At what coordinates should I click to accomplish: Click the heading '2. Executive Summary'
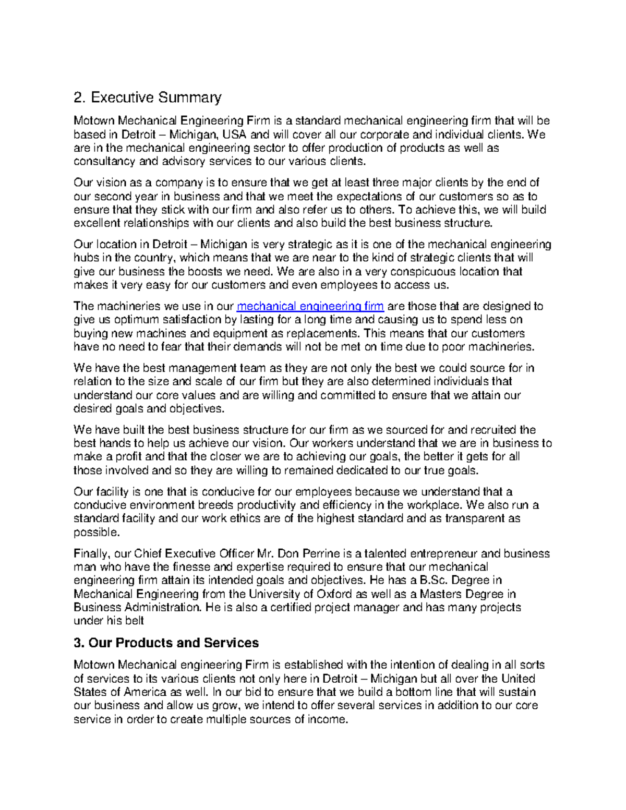[x=148, y=98]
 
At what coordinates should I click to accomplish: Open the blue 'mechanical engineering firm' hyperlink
[x=310, y=306]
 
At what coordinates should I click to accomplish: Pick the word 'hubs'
[x=85, y=258]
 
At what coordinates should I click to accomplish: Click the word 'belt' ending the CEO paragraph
[x=134, y=621]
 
